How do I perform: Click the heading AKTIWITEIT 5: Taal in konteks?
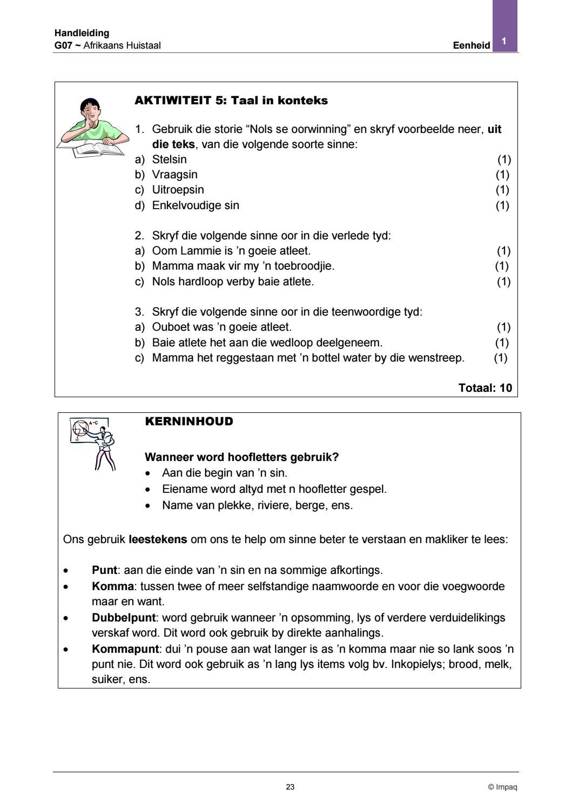point(231,101)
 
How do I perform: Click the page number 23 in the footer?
point(290,787)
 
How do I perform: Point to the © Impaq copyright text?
point(502,787)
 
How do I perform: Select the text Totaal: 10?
point(484,387)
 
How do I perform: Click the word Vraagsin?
point(174,175)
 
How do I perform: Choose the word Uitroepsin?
point(178,190)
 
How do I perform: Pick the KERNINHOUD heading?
point(189,422)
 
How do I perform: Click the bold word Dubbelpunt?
point(124,617)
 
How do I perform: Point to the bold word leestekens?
point(158,539)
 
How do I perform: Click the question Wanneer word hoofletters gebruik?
point(242,457)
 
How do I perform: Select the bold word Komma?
point(112,586)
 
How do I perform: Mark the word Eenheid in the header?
point(472,46)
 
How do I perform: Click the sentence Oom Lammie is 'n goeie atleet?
point(231,251)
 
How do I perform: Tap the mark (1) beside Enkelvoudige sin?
point(502,205)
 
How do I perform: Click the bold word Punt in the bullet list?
point(104,570)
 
